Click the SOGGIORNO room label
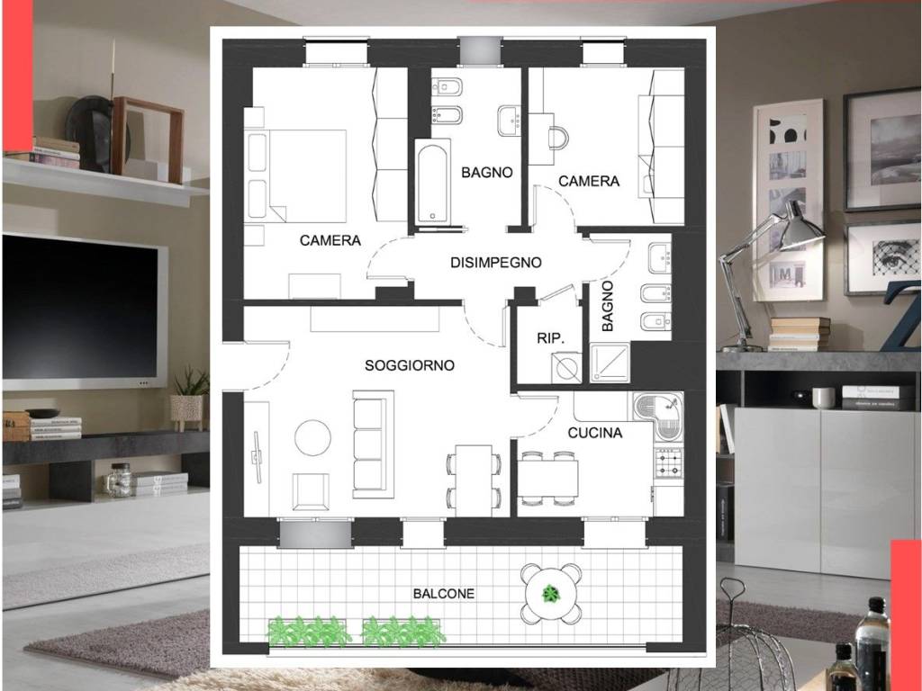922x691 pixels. coord(410,365)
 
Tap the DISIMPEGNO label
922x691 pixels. coord(496,263)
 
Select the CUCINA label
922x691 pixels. coord(594,433)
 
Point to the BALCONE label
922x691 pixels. coord(443,594)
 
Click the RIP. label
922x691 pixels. coord(550,338)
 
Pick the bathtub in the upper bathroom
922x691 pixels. coord(433,182)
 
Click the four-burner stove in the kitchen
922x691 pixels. coord(669,463)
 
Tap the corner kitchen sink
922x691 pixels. coord(658,416)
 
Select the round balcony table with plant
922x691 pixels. coord(551,594)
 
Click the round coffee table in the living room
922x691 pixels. coord(312,438)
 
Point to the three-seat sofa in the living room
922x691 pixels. coord(373,444)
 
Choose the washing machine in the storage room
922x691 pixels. coord(566,368)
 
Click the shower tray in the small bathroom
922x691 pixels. coord(610,363)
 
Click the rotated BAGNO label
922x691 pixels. coord(608,306)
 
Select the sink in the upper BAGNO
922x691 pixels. coord(510,121)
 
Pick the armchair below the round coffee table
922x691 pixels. coord(311,491)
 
